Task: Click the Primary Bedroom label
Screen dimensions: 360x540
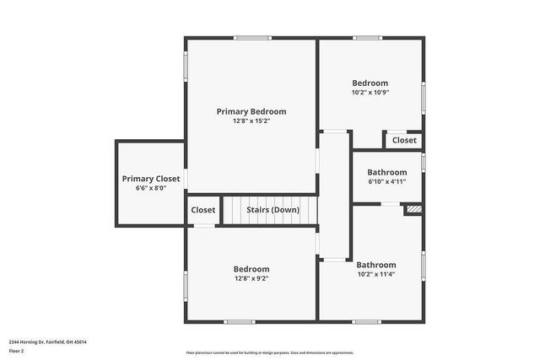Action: tap(251, 111)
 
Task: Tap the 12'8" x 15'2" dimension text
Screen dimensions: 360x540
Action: tap(251, 121)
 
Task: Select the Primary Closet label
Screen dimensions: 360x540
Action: tap(150, 179)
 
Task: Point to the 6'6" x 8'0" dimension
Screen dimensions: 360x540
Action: tap(150, 188)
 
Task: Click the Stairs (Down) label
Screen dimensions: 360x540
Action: tap(273, 210)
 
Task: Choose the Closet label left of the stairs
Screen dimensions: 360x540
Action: tap(203, 210)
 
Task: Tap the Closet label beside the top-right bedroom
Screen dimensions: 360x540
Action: tap(404, 140)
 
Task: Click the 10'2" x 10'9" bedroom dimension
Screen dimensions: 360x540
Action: tap(370, 92)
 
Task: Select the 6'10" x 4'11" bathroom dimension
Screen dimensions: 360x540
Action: tap(387, 181)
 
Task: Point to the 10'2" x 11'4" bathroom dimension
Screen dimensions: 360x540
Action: tap(375, 273)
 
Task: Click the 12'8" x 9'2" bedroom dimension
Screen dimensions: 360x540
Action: tap(251, 278)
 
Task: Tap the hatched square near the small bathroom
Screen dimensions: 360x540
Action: tap(413, 209)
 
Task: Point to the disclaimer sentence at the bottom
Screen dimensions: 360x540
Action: tap(269, 352)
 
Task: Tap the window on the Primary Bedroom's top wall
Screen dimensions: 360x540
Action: tap(252, 38)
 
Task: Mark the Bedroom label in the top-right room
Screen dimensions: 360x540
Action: tap(370, 83)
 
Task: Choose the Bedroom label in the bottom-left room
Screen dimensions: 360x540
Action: tap(251, 269)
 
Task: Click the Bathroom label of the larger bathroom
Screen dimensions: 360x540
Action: tap(375, 264)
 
